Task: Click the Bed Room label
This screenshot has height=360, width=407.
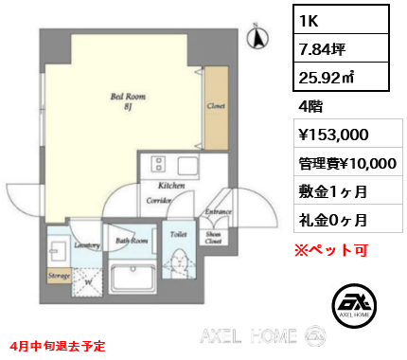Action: pos(129,98)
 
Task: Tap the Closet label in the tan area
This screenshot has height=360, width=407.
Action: pos(215,107)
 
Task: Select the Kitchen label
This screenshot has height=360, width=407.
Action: pos(171,186)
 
